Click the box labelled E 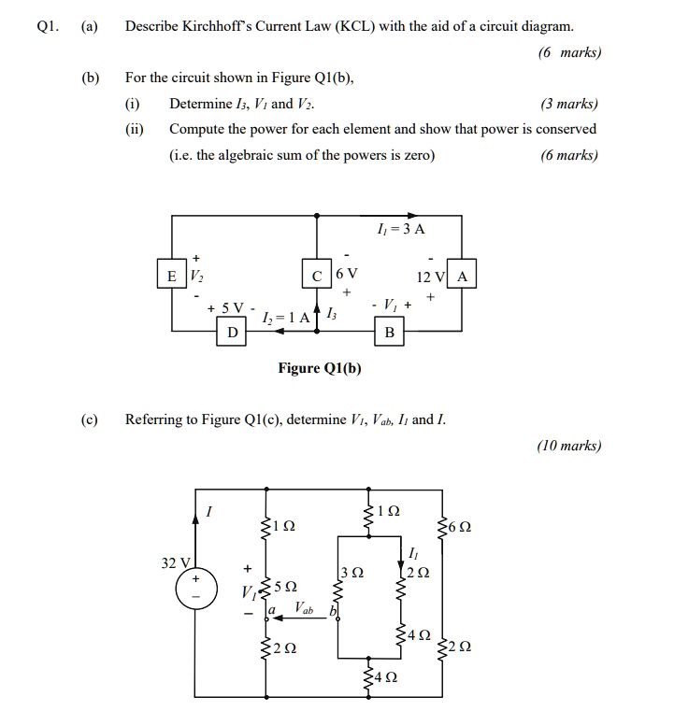point(171,276)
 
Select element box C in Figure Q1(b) point(318,276)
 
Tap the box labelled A point(463,276)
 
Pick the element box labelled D point(231,332)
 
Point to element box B point(390,332)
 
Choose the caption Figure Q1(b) point(320,368)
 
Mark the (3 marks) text point(568,105)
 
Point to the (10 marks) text point(568,446)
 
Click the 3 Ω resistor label point(350,572)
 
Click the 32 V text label point(175,562)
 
